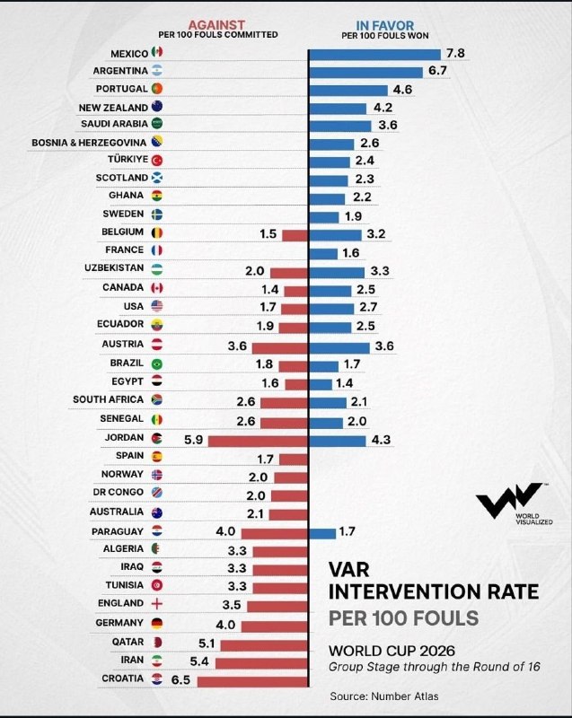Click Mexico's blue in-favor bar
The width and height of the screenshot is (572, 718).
375,55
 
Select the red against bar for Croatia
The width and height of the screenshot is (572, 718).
252,681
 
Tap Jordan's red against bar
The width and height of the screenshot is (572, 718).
258,441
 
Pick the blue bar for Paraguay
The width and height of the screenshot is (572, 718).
322,533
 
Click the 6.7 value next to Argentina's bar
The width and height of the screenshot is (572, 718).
437,71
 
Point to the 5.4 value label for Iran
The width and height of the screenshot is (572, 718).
199,661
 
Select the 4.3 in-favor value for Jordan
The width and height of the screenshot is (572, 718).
381,440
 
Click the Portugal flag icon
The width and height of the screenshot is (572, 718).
157,88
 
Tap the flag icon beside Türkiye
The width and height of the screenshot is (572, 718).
157,160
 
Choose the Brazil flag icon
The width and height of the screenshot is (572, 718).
157,364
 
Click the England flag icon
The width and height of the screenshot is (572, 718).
157,604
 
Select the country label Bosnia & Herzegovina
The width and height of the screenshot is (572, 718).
89,143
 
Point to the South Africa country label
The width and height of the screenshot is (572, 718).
108,399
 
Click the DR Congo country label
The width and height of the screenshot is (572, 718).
119,492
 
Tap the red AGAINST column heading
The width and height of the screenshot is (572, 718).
216,25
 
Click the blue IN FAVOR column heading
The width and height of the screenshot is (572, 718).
384,26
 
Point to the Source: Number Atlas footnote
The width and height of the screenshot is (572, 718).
383,696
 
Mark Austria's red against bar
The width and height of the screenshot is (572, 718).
280,348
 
